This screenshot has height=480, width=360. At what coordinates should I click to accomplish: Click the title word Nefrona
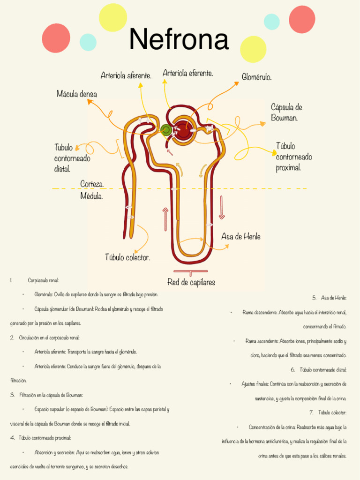click(179, 40)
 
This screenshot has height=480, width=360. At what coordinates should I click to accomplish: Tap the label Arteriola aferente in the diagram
click(126, 75)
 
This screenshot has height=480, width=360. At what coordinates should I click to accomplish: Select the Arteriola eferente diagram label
click(187, 73)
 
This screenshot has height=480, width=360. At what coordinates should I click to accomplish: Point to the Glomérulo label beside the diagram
click(256, 76)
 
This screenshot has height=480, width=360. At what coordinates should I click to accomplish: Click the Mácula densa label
click(76, 94)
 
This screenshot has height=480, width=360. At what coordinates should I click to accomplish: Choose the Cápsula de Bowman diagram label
click(286, 112)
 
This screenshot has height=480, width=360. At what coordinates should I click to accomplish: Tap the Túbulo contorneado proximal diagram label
click(294, 157)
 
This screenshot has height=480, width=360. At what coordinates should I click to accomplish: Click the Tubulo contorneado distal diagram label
click(72, 158)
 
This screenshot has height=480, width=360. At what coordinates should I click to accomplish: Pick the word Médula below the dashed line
click(91, 195)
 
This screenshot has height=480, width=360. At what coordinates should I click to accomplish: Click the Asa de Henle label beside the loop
click(241, 237)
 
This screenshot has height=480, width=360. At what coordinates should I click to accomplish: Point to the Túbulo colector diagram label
click(127, 257)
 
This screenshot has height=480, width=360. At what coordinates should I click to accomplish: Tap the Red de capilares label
click(191, 282)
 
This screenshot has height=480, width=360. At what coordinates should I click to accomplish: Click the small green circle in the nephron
click(165, 129)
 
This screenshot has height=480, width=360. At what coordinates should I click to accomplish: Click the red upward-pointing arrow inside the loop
click(165, 219)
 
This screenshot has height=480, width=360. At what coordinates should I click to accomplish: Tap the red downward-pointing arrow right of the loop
click(222, 207)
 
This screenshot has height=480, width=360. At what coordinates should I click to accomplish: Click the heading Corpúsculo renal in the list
click(43, 280)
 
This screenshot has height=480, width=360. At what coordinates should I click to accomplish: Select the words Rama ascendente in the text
click(260, 341)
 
